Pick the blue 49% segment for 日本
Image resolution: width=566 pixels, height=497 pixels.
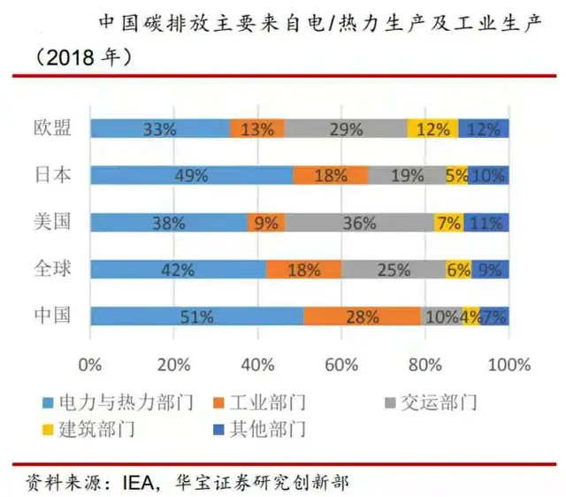tap(191, 175)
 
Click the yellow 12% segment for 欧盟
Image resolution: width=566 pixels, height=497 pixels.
tap(432, 128)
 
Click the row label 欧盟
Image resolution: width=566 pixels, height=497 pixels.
tap(52, 127)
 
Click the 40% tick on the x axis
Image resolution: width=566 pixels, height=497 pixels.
tap(257, 364)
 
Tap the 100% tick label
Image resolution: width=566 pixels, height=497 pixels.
tap(509, 364)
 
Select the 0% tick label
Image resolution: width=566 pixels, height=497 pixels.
tap(90, 364)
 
